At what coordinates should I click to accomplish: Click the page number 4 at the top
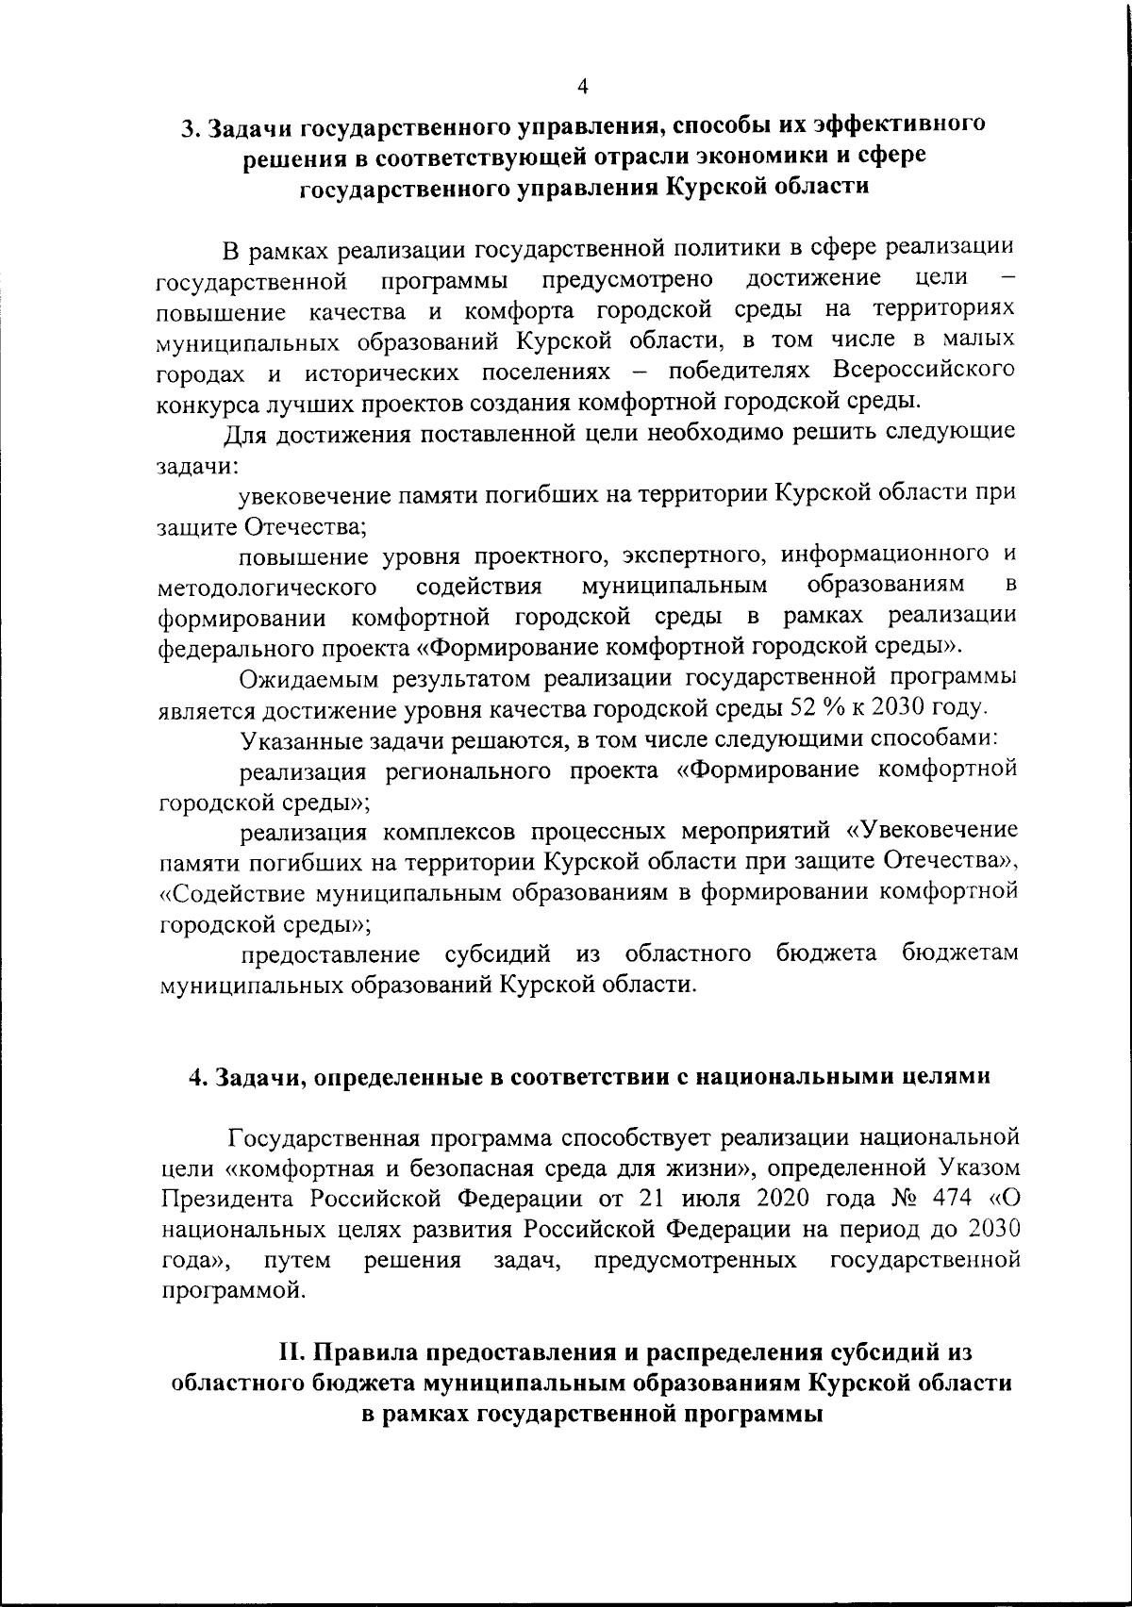tap(583, 87)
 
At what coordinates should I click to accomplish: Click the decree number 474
tap(944, 1200)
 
